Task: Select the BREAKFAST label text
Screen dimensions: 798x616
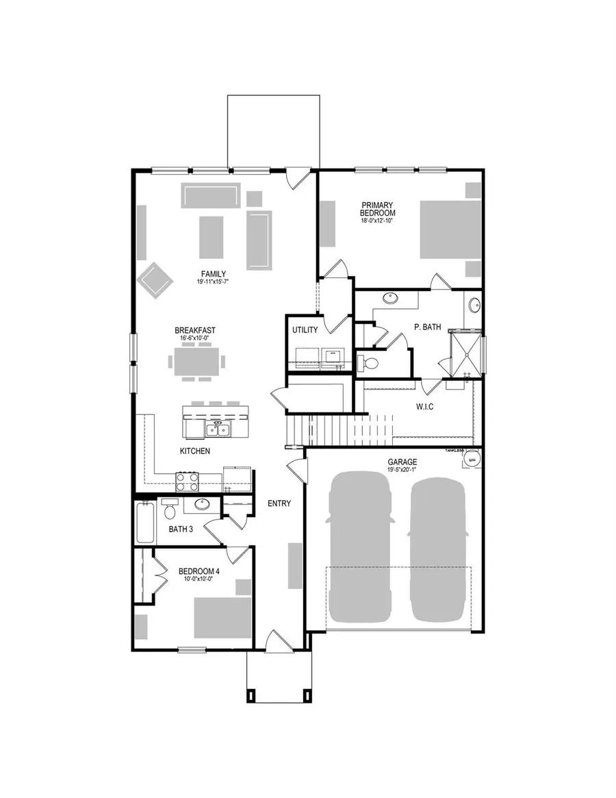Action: (195, 330)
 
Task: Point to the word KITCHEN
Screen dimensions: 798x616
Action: (194, 451)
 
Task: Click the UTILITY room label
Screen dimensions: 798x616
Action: (305, 330)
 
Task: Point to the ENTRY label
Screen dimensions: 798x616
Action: (279, 503)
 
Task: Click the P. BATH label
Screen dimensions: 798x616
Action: (428, 327)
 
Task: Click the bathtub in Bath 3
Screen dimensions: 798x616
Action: (144, 523)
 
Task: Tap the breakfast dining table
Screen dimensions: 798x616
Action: (198, 360)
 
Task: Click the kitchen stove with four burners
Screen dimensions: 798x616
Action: (188, 482)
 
